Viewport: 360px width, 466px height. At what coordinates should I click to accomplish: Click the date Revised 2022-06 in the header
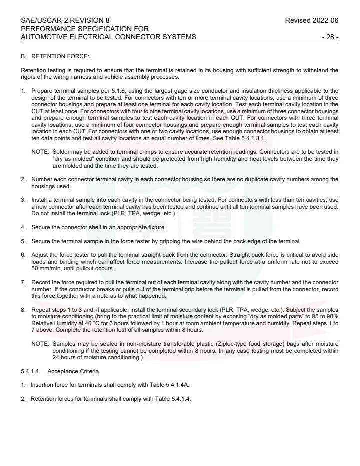[x=311, y=20]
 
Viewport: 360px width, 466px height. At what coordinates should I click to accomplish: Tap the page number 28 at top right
[x=331, y=37]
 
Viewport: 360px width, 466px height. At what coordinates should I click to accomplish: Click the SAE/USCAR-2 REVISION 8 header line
[x=65, y=20]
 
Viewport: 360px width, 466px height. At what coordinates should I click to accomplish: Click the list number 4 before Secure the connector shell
[x=23, y=227]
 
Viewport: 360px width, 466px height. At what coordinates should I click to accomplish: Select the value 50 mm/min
[x=45, y=268]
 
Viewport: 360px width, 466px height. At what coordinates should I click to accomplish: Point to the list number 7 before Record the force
[x=23, y=282]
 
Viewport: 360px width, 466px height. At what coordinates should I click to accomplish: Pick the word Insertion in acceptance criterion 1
[x=42, y=385]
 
